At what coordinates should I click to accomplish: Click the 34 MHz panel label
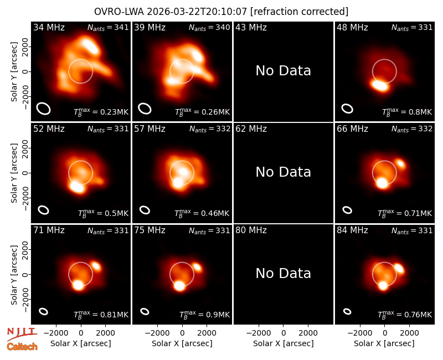pyautogui.click(x=49, y=27)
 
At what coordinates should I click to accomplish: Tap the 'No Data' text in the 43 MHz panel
pyautogui.click(x=283, y=71)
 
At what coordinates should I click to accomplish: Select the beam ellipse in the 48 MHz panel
pyautogui.click(x=347, y=109)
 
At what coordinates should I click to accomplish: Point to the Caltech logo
pyautogui.click(x=22, y=347)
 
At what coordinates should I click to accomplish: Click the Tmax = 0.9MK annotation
pyautogui.click(x=204, y=314)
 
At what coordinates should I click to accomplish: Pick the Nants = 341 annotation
pyautogui.click(x=108, y=27)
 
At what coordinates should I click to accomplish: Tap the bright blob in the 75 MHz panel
pyautogui.click(x=179, y=286)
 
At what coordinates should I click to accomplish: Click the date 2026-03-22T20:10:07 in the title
pyautogui.click(x=197, y=12)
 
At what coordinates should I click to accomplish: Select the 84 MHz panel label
pyautogui.click(x=352, y=230)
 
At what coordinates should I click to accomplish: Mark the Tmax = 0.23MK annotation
pyautogui.click(x=101, y=112)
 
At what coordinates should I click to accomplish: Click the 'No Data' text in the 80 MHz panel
pyautogui.click(x=283, y=274)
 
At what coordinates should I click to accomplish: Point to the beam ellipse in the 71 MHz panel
pyautogui.click(x=44, y=311)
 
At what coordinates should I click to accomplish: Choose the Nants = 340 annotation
pyautogui.click(x=209, y=27)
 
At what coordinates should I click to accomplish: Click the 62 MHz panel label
pyautogui.click(x=251, y=129)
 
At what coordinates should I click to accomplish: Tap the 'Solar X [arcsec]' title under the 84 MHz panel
pyautogui.click(x=384, y=343)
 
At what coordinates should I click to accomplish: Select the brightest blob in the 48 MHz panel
pyautogui.click(x=379, y=85)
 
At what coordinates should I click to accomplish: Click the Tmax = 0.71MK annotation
pyautogui.click(x=405, y=213)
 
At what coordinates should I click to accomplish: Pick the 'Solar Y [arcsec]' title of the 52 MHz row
pyautogui.click(x=14, y=173)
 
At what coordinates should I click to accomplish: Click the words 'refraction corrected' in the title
pyautogui.click(x=300, y=12)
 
